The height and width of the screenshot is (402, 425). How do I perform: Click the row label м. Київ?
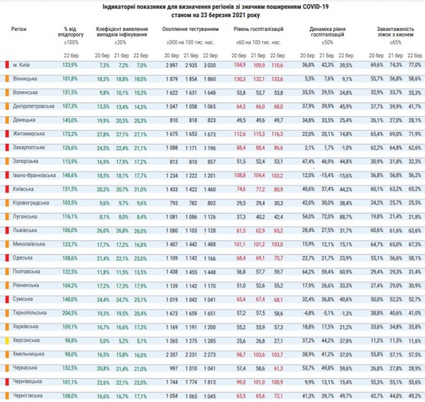point(20,64)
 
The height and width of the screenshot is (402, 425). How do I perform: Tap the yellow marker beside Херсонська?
point(7,340)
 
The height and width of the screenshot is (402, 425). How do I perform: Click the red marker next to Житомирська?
point(7,133)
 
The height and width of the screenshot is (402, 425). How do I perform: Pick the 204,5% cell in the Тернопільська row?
point(70,313)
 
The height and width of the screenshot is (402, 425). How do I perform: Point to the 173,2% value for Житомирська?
point(70,133)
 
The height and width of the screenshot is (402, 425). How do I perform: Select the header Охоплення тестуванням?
point(188,29)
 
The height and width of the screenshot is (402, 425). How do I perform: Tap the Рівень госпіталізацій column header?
point(259,29)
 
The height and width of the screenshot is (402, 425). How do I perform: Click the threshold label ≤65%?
point(395,42)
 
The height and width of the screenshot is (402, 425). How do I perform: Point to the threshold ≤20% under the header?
point(122,42)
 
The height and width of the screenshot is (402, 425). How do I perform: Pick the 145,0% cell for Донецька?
point(70,120)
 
